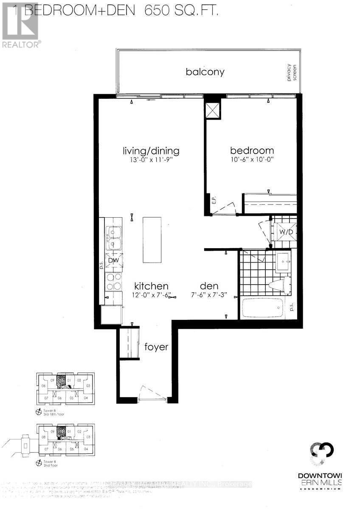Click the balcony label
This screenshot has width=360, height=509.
click(x=205, y=72)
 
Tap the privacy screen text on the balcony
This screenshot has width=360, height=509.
click(x=290, y=73)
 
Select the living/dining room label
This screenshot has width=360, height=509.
click(x=151, y=151)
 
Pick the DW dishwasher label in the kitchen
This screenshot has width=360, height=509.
click(x=113, y=260)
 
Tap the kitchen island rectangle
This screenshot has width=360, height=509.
click(x=152, y=240)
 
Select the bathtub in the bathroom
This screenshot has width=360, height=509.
click(x=262, y=309)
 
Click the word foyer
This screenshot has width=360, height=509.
click(x=156, y=347)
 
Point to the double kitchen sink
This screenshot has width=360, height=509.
click(x=113, y=238)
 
